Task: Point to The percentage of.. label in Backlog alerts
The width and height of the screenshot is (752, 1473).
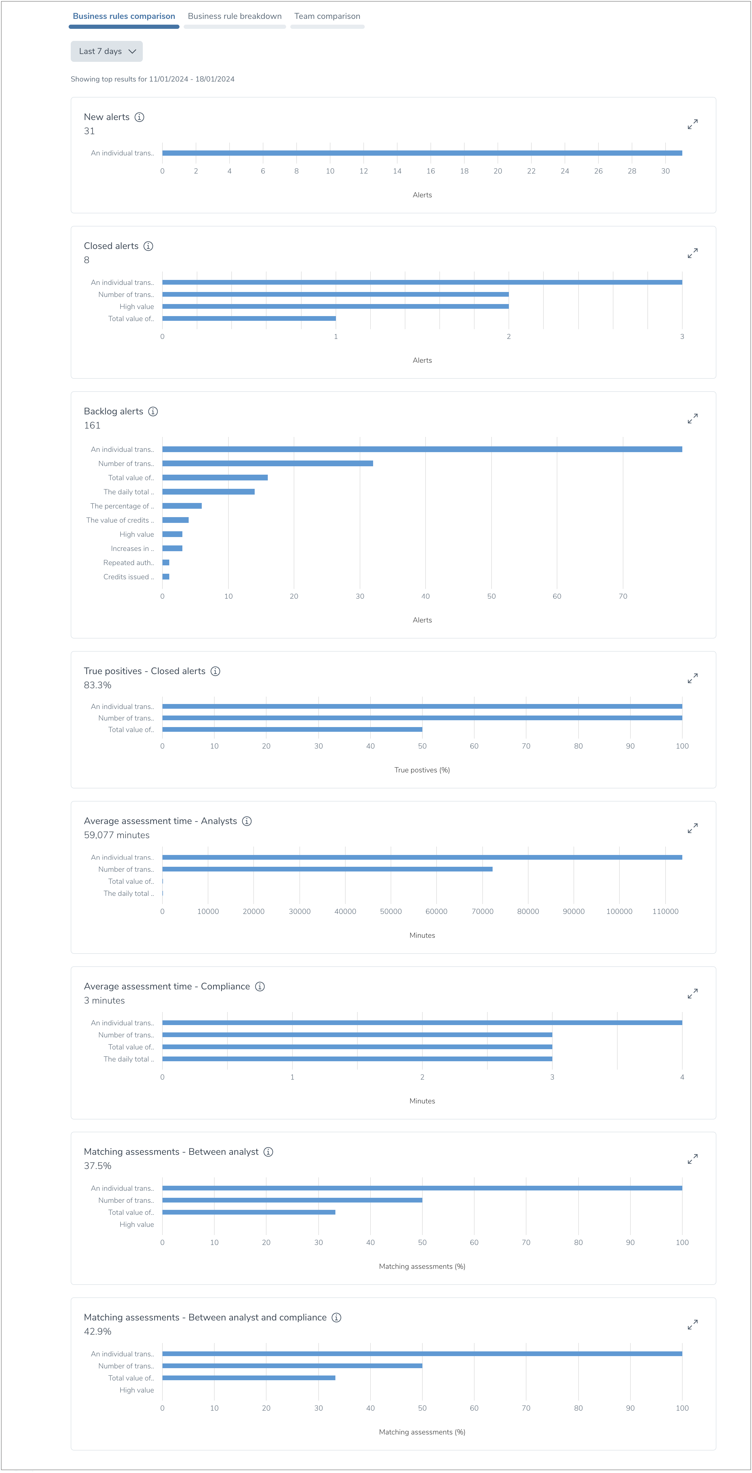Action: (x=122, y=506)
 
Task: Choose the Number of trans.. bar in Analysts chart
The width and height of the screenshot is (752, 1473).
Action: (x=327, y=869)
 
